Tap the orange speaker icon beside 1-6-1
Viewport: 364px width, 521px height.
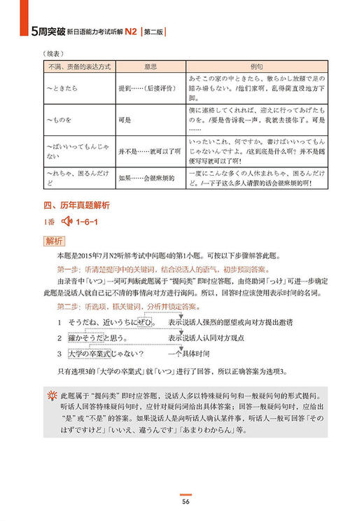68,223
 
